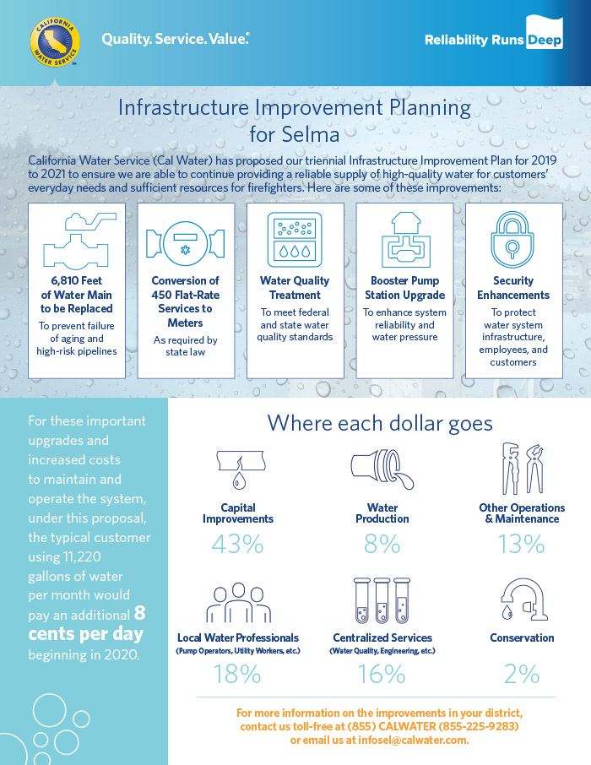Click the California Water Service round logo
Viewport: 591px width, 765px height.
click(x=55, y=42)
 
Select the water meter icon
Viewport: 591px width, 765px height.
click(x=186, y=243)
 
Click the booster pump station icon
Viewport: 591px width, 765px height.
click(x=405, y=240)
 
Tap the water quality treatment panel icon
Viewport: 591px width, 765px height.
click(x=295, y=240)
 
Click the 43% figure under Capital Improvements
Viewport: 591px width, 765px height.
click(x=238, y=544)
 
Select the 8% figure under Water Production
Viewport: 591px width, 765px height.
click(x=382, y=544)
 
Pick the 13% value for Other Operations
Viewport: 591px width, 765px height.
click(x=521, y=544)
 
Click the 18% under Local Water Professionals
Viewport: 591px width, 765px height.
click(x=238, y=675)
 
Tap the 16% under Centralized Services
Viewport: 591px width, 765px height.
click(x=382, y=675)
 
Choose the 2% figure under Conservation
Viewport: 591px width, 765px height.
click(x=522, y=675)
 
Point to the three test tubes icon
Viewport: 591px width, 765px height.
click(x=382, y=601)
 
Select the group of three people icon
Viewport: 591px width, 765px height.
click(x=238, y=603)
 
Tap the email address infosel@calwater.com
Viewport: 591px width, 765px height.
click(x=413, y=741)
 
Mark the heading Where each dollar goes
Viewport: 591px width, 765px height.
click(x=380, y=424)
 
